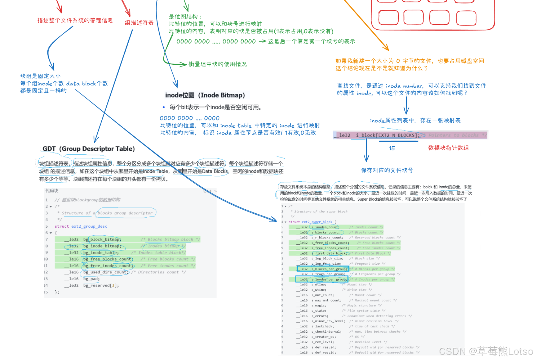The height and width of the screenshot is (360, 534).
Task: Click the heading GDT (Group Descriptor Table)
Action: click(88, 149)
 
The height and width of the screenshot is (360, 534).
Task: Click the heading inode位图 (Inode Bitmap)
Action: click(205, 95)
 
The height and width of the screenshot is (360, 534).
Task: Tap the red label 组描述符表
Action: click(139, 23)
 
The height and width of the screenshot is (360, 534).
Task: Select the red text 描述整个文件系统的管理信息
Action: click(75, 20)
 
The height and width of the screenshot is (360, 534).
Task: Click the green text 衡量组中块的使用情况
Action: click(217, 64)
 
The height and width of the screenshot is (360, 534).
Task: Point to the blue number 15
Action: click(391, 148)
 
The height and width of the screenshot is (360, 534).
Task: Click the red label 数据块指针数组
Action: click(448, 148)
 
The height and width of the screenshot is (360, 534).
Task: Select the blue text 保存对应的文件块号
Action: click(387, 170)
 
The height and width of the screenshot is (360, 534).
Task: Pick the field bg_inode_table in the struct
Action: click(101, 253)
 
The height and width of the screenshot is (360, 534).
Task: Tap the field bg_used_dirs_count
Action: click(106, 272)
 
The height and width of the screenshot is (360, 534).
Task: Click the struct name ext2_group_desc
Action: click(89, 226)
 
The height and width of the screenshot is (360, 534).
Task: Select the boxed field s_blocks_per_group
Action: click(329, 269)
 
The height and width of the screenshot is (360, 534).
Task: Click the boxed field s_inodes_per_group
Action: click(329, 279)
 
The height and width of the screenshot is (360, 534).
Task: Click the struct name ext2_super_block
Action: click(317, 222)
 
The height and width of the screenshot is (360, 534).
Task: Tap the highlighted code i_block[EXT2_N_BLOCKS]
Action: click(387, 135)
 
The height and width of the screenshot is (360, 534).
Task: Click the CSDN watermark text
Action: click(485, 351)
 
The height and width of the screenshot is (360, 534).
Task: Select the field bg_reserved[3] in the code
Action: click(101, 285)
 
